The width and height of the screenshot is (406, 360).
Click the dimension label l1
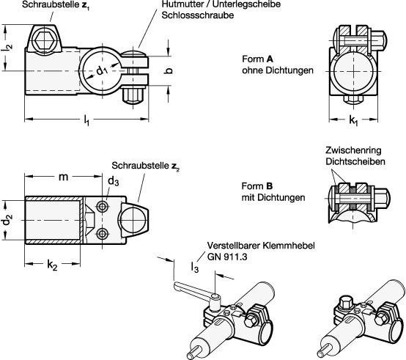87,118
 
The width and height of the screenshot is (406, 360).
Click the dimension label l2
8,47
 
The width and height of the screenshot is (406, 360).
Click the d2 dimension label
8,218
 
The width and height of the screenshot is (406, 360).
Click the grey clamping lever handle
191,287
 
